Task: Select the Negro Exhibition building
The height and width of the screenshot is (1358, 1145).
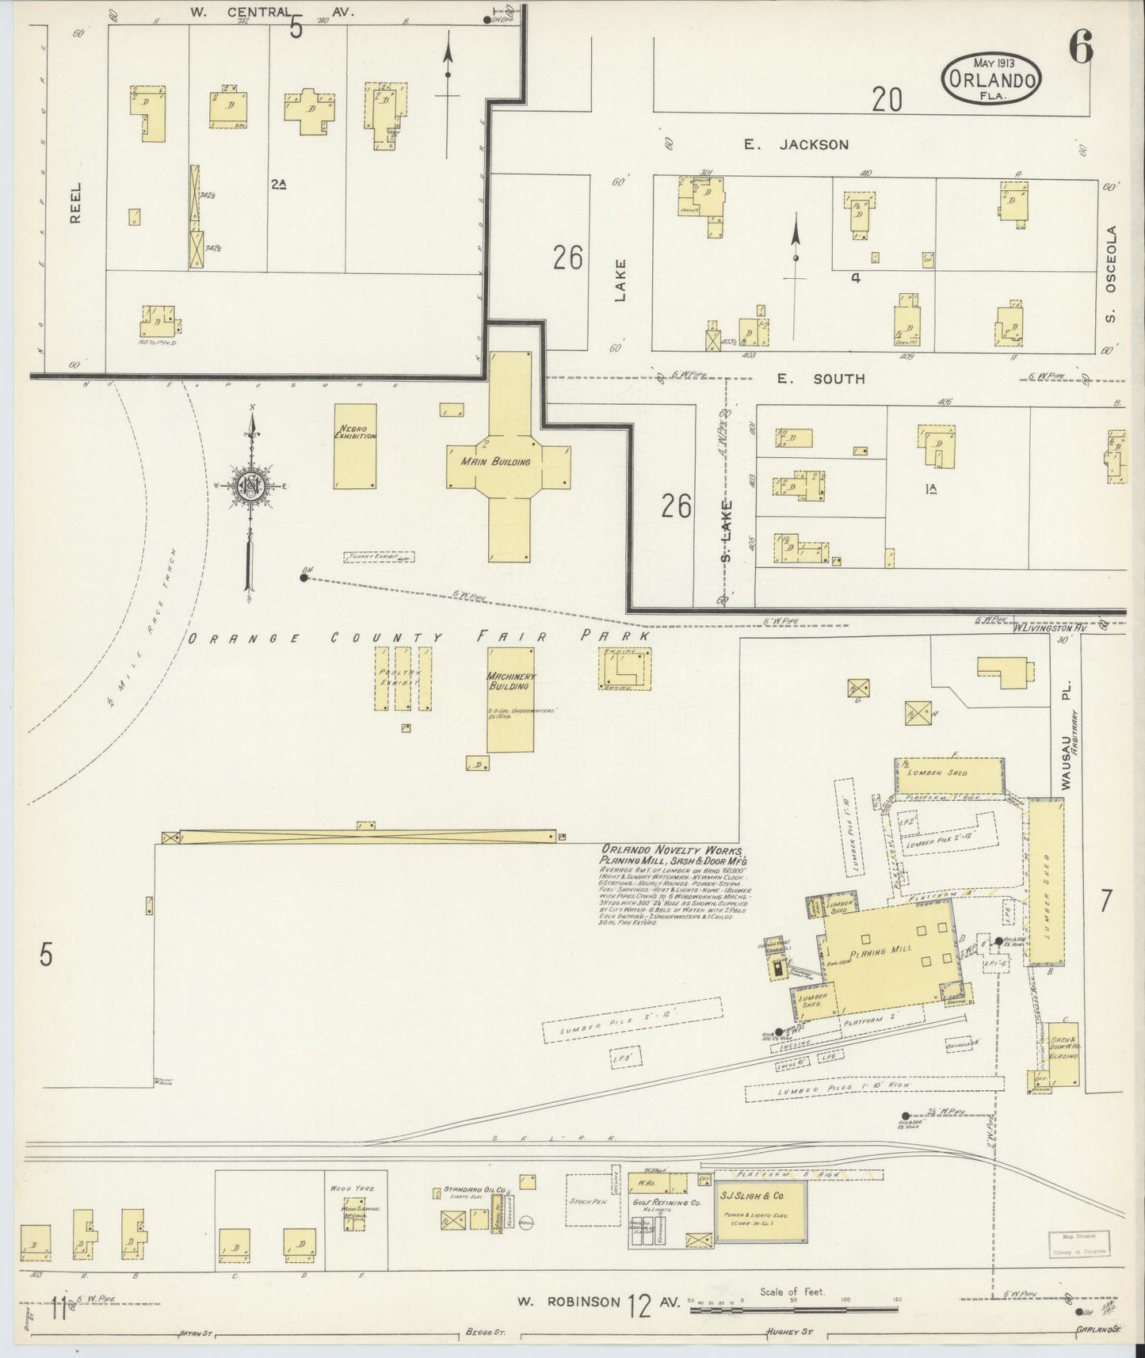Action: click(354, 447)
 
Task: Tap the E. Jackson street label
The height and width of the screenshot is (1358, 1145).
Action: click(796, 144)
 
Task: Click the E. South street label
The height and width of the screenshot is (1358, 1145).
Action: click(820, 379)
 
